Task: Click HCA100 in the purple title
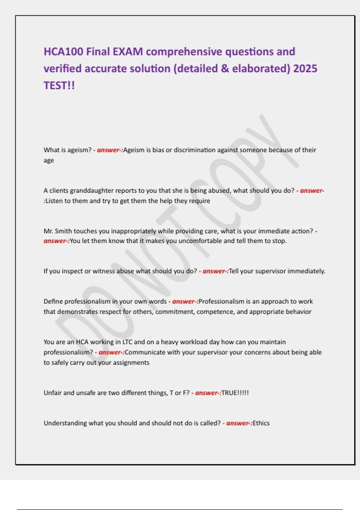[63, 52]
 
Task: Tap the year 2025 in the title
[305, 69]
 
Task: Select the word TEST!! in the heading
[59, 86]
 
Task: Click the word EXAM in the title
[128, 52]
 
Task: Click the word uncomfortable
[200, 241]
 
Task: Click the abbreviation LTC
[127, 342]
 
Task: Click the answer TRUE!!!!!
[235, 393]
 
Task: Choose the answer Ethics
[261, 423]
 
